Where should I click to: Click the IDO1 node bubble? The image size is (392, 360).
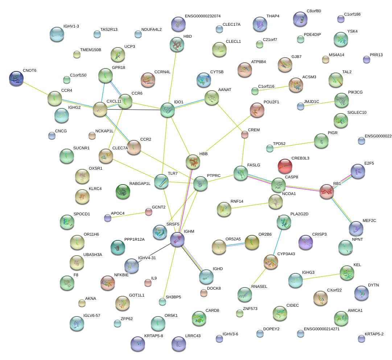coord(167,110)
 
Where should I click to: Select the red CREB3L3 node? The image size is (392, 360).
coord(285,166)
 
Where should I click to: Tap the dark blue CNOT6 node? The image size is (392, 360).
coord(16,78)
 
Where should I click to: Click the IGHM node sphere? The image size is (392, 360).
coord(177,239)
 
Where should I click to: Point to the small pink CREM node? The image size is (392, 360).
coord(245,135)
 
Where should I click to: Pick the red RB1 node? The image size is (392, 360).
coord(327,191)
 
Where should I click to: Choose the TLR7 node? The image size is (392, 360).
coord(161,181)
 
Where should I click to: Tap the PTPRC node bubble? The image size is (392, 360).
coord(200,183)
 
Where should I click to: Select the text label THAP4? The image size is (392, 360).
coord(273,16)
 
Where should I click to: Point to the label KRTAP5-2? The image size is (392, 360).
coord(374,334)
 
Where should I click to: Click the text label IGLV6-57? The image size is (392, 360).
coord(91,315)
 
